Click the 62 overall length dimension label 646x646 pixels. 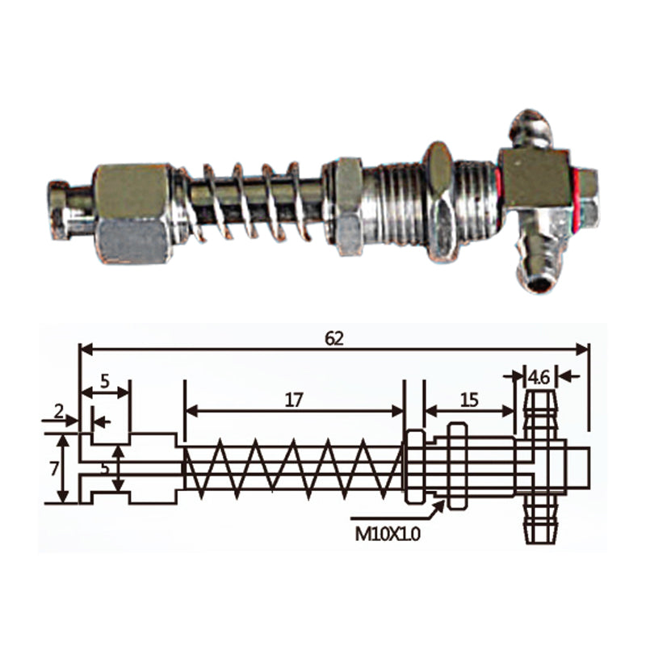(333, 338)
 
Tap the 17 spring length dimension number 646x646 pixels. (294, 400)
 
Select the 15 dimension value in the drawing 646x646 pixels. (470, 400)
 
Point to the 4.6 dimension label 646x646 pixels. (539, 377)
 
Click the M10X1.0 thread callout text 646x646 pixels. (388, 535)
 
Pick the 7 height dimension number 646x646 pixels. (54, 469)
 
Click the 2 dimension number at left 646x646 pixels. (59, 411)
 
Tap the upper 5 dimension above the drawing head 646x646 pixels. (105, 381)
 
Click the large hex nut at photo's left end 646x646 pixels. (132, 213)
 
